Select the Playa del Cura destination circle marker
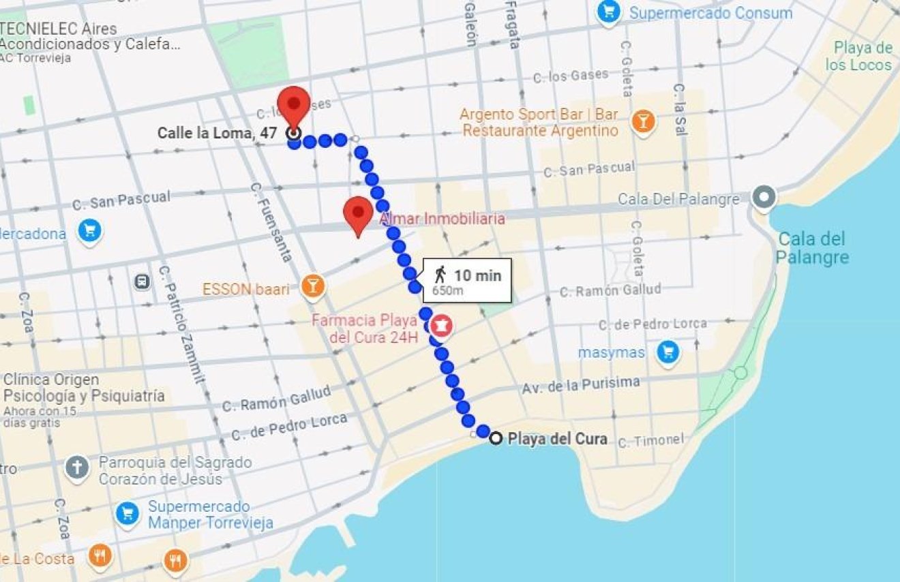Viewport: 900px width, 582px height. click(x=496, y=438)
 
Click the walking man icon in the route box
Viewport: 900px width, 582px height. click(x=440, y=275)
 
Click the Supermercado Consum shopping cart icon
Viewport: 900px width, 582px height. click(x=607, y=12)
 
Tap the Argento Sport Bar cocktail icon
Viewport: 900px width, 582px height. click(x=642, y=121)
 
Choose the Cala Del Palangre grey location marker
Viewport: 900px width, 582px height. click(x=764, y=198)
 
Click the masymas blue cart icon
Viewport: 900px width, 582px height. click(x=667, y=352)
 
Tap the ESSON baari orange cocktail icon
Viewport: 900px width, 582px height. click(x=313, y=287)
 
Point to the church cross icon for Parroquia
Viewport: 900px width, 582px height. click(x=77, y=468)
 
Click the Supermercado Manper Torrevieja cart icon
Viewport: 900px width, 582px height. click(x=127, y=513)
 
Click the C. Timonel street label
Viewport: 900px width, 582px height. click(x=650, y=441)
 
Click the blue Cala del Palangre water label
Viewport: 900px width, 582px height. click(x=811, y=248)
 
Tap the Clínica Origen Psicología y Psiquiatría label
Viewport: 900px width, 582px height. click(x=83, y=388)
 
